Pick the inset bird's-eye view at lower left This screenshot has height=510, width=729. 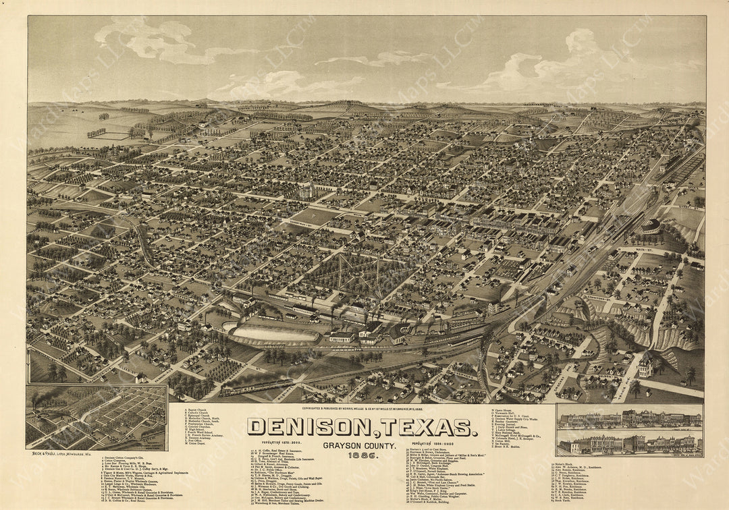tap(97, 417)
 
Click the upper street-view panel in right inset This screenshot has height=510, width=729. tap(629, 420)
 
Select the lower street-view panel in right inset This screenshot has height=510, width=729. tap(629, 444)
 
